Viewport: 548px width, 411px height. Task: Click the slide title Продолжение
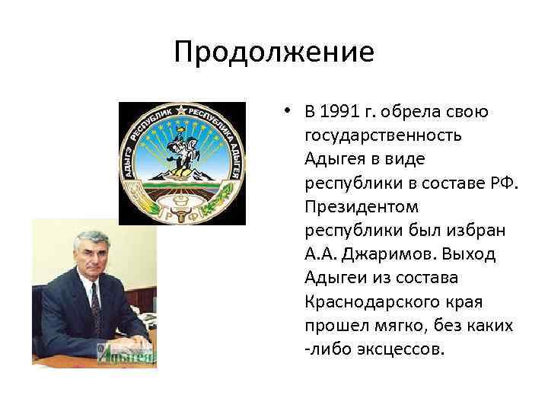coord(273,53)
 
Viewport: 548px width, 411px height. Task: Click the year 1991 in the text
coord(337,113)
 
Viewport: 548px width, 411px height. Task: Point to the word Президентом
coord(351,207)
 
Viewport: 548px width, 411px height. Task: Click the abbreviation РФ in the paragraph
coord(503,183)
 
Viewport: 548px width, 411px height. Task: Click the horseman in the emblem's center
coord(183,152)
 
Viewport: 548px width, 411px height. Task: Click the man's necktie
coord(95,304)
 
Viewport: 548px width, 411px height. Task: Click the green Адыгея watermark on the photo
coord(126,352)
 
